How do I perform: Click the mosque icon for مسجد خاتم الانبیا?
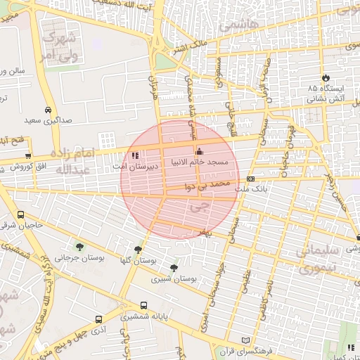199,151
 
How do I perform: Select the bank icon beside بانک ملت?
251,179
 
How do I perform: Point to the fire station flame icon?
325,77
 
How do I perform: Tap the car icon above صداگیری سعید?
47,110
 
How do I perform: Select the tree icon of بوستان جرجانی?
79,246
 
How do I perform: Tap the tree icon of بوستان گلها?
138,249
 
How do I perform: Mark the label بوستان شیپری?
174,279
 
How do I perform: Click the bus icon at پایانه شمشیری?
144,306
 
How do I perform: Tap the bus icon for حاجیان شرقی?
20,214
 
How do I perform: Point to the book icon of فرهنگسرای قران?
245,340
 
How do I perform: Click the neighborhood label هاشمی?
238,25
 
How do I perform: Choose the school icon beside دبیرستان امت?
134,155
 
